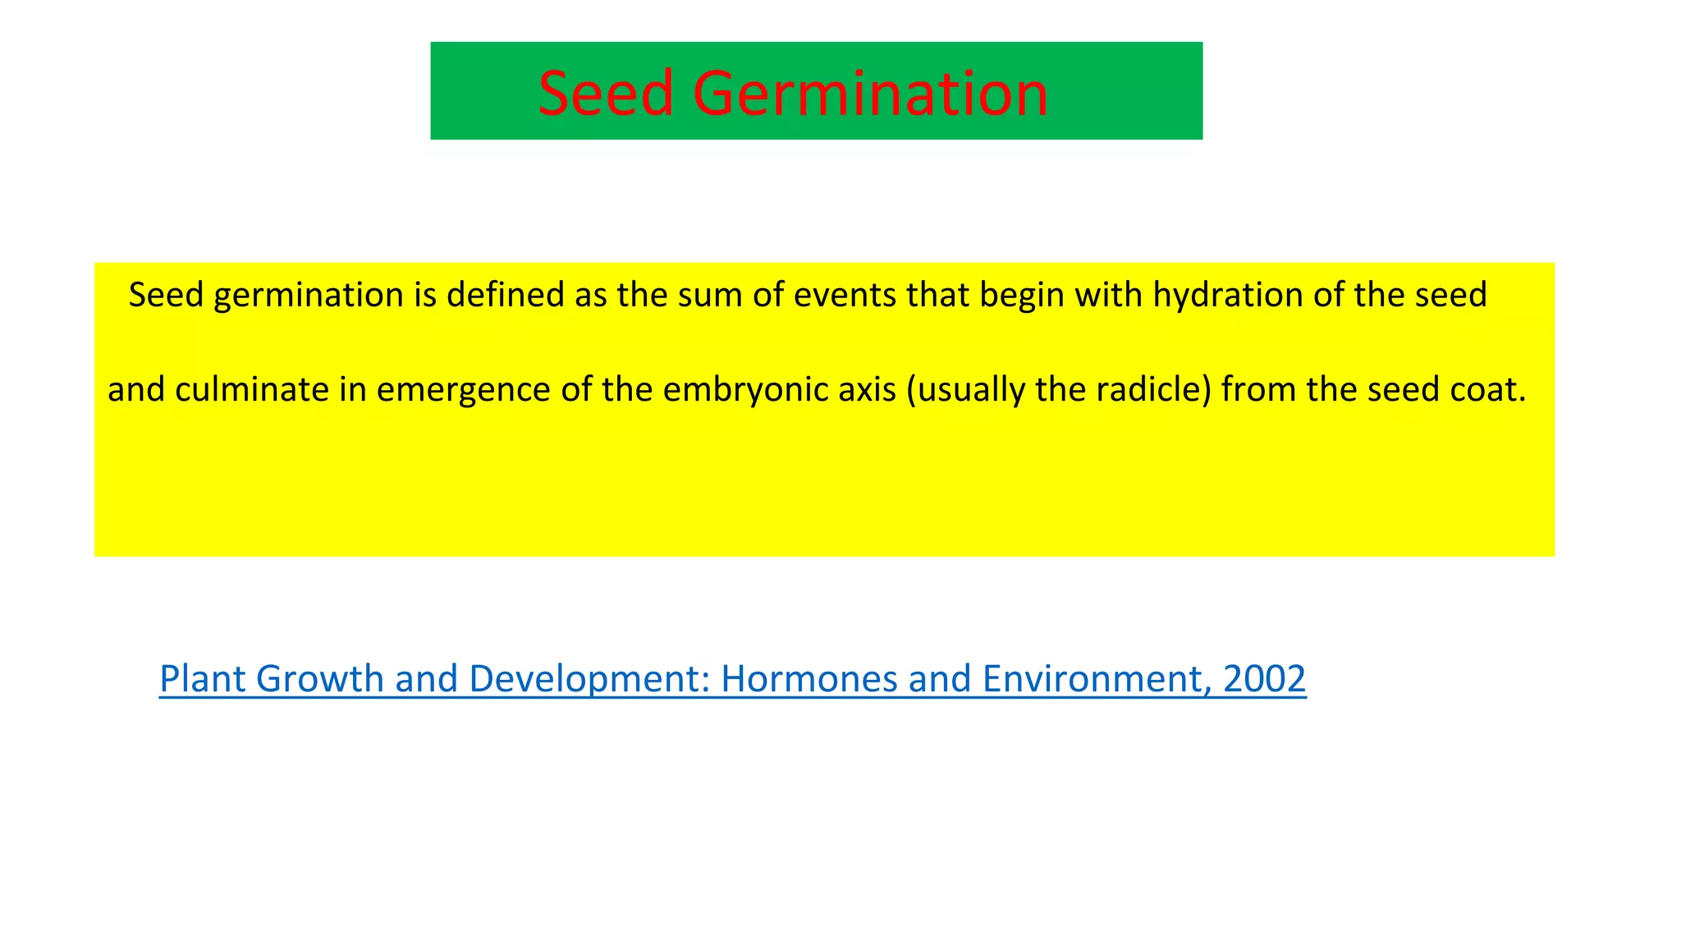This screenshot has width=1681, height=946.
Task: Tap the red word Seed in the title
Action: pos(606,94)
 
